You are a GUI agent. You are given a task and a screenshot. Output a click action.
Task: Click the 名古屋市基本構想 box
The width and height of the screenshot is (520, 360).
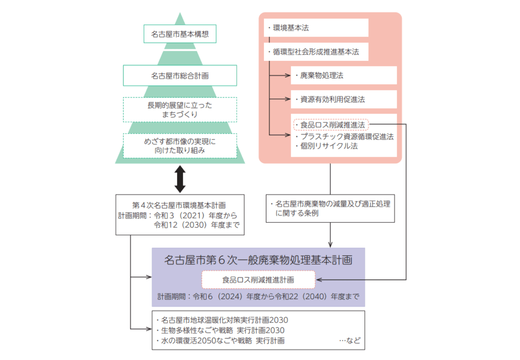click(x=180, y=34)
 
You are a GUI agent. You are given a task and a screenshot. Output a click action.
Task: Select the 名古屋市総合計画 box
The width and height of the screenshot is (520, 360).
click(x=180, y=75)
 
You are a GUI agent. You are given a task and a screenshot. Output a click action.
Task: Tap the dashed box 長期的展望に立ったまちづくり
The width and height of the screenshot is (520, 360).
click(x=180, y=110)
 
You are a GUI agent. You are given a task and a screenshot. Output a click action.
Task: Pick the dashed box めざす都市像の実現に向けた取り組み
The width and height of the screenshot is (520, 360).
click(x=180, y=146)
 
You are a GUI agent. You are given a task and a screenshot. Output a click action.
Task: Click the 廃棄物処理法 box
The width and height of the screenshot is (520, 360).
click(x=343, y=75)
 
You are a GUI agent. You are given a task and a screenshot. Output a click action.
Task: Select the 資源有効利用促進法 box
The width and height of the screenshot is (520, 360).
click(x=343, y=99)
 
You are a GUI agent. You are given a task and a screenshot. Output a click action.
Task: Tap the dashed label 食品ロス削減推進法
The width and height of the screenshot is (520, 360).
click(x=331, y=125)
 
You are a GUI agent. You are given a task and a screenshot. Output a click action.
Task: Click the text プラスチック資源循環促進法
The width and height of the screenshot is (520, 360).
click(x=347, y=136)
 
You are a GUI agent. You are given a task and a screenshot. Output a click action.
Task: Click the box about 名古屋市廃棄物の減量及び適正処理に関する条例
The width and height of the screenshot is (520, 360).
click(x=330, y=208)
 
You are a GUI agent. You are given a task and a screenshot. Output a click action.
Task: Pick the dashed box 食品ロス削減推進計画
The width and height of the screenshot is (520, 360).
click(x=258, y=280)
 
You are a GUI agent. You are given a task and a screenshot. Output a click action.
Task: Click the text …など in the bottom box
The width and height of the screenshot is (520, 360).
click(x=350, y=341)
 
